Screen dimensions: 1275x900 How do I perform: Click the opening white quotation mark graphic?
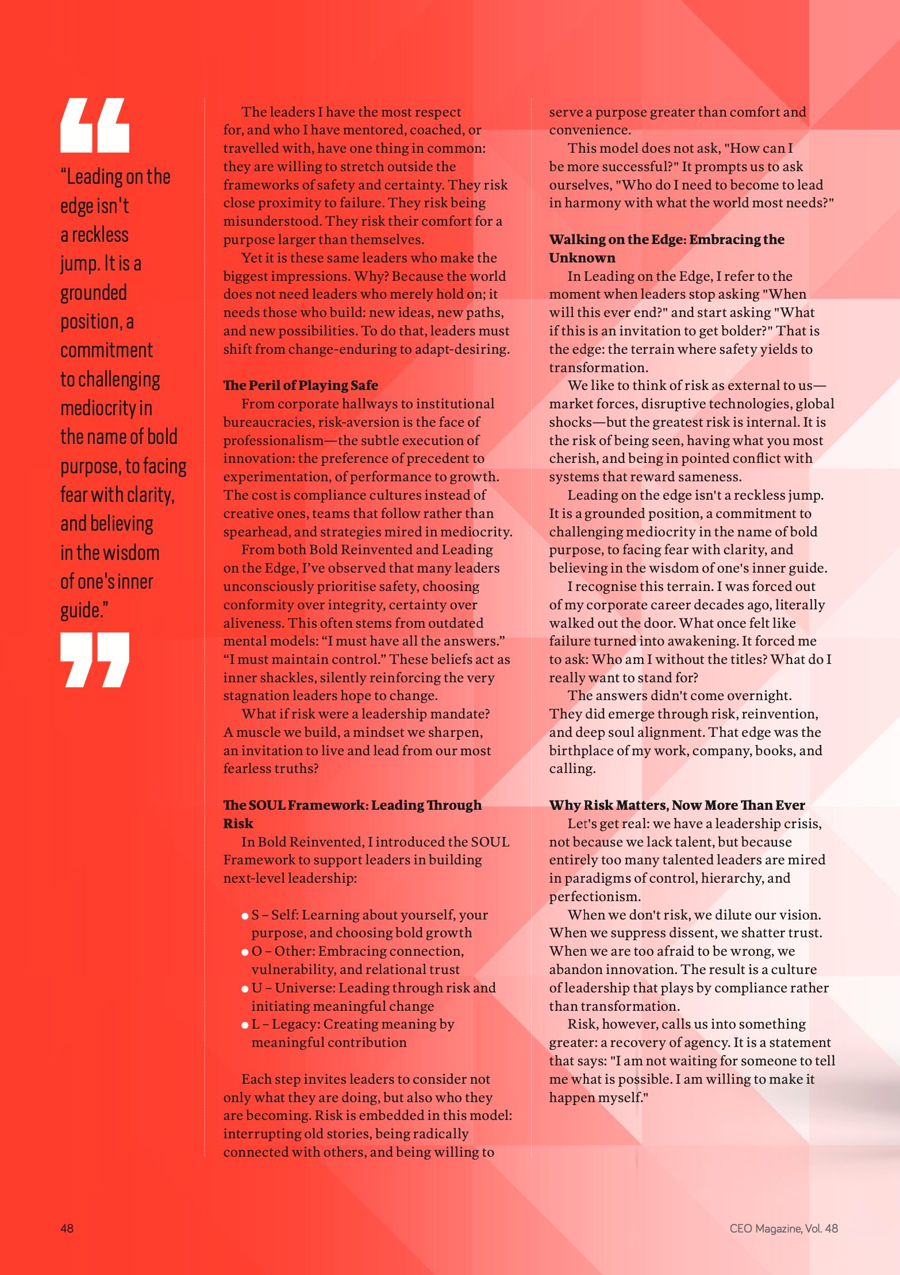coord(95,125)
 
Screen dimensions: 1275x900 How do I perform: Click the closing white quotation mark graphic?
coord(95,659)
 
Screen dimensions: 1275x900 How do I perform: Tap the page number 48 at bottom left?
coord(67,1228)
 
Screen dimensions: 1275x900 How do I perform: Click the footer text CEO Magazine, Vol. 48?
coord(783,1228)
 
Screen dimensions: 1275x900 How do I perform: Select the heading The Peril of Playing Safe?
coord(301,385)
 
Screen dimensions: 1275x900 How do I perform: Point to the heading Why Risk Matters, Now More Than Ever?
coord(676,805)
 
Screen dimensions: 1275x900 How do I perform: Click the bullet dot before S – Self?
coord(245,915)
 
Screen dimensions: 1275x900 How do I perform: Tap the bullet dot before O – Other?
coord(245,952)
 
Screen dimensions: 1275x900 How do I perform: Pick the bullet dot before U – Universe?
coord(245,988)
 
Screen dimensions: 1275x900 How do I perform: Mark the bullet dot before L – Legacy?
coord(245,1025)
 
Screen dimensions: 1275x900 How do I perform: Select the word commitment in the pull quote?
coord(106,350)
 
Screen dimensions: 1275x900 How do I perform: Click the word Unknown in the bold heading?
coord(582,258)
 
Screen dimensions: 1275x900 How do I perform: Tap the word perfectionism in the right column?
coord(594,897)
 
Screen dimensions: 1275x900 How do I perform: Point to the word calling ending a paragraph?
coord(571,768)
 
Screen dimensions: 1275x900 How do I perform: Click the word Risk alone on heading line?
coord(238,824)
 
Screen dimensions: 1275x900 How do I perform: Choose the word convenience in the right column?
coord(589,130)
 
